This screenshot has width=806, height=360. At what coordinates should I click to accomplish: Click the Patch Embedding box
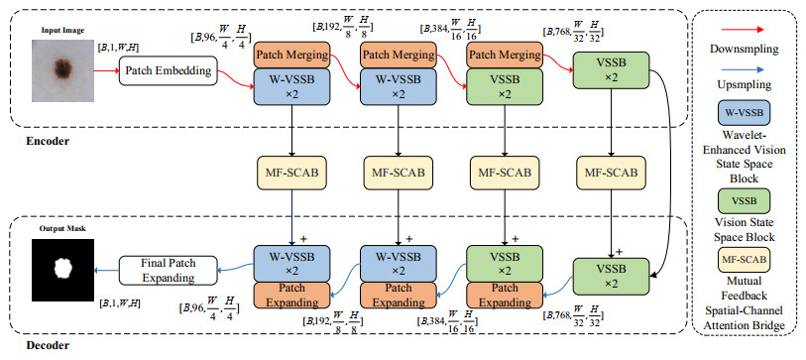coord(169,71)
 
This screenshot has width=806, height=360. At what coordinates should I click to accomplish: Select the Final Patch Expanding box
coord(169,270)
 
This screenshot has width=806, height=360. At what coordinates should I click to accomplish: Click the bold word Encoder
coord(47,141)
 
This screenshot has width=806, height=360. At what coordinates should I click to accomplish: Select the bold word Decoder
coord(48,345)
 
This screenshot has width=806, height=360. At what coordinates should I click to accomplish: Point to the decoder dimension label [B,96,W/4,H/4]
coord(209,308)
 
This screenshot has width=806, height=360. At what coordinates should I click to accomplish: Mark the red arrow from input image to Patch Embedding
coord(106,71)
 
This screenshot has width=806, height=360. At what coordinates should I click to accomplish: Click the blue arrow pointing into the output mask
coord(106,270)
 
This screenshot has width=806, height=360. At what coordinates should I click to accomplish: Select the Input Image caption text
coord(62,31)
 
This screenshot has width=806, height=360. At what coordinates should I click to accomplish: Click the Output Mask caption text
coord(57,229)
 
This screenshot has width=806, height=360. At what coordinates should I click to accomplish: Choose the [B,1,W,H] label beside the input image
coord(117,48)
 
